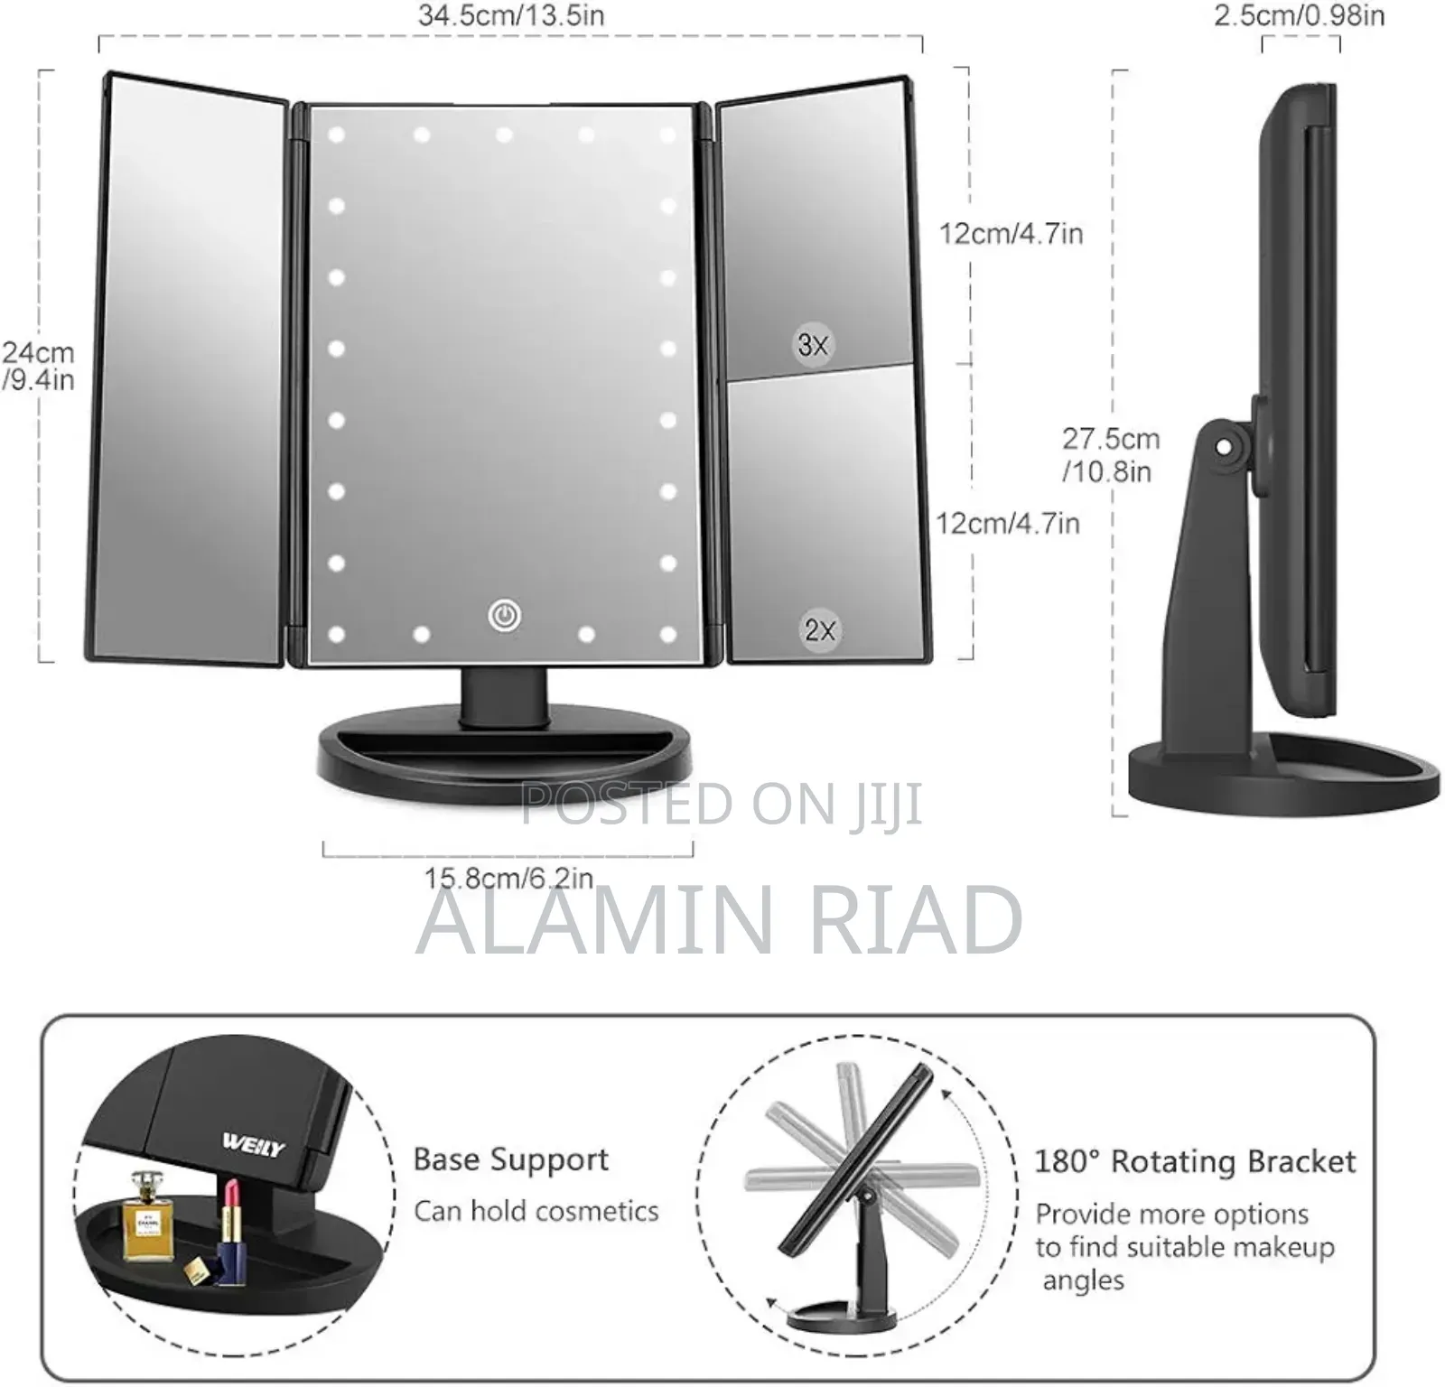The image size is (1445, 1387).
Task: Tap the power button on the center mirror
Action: click(504, 616)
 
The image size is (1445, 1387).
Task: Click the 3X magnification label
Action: click(813, 344)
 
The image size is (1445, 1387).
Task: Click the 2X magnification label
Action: click(820, 629)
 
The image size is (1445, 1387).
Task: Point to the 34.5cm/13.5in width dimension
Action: click(511, 15)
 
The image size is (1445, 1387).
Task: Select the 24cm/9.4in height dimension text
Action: click(38, 366)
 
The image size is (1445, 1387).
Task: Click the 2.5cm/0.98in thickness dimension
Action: click(1299, 15)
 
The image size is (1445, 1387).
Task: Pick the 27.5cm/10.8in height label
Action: click(1110, 454)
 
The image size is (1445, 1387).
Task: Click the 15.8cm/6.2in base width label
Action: click(509, 878)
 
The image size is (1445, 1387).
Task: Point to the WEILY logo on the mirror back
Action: click(254, 1145)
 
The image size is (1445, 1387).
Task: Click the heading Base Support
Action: click(511, 1160)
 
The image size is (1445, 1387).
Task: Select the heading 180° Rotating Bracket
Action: click(1195, 1161)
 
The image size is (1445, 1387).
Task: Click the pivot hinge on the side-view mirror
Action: click(1224, 446)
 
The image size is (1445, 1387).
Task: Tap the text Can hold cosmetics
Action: click(536, 1211)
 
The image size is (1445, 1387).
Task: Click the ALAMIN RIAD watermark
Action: click(719, 920)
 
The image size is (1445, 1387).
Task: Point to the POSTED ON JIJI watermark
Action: click(722, 804)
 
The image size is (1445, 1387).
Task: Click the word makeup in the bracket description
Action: click(1283, 1247)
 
